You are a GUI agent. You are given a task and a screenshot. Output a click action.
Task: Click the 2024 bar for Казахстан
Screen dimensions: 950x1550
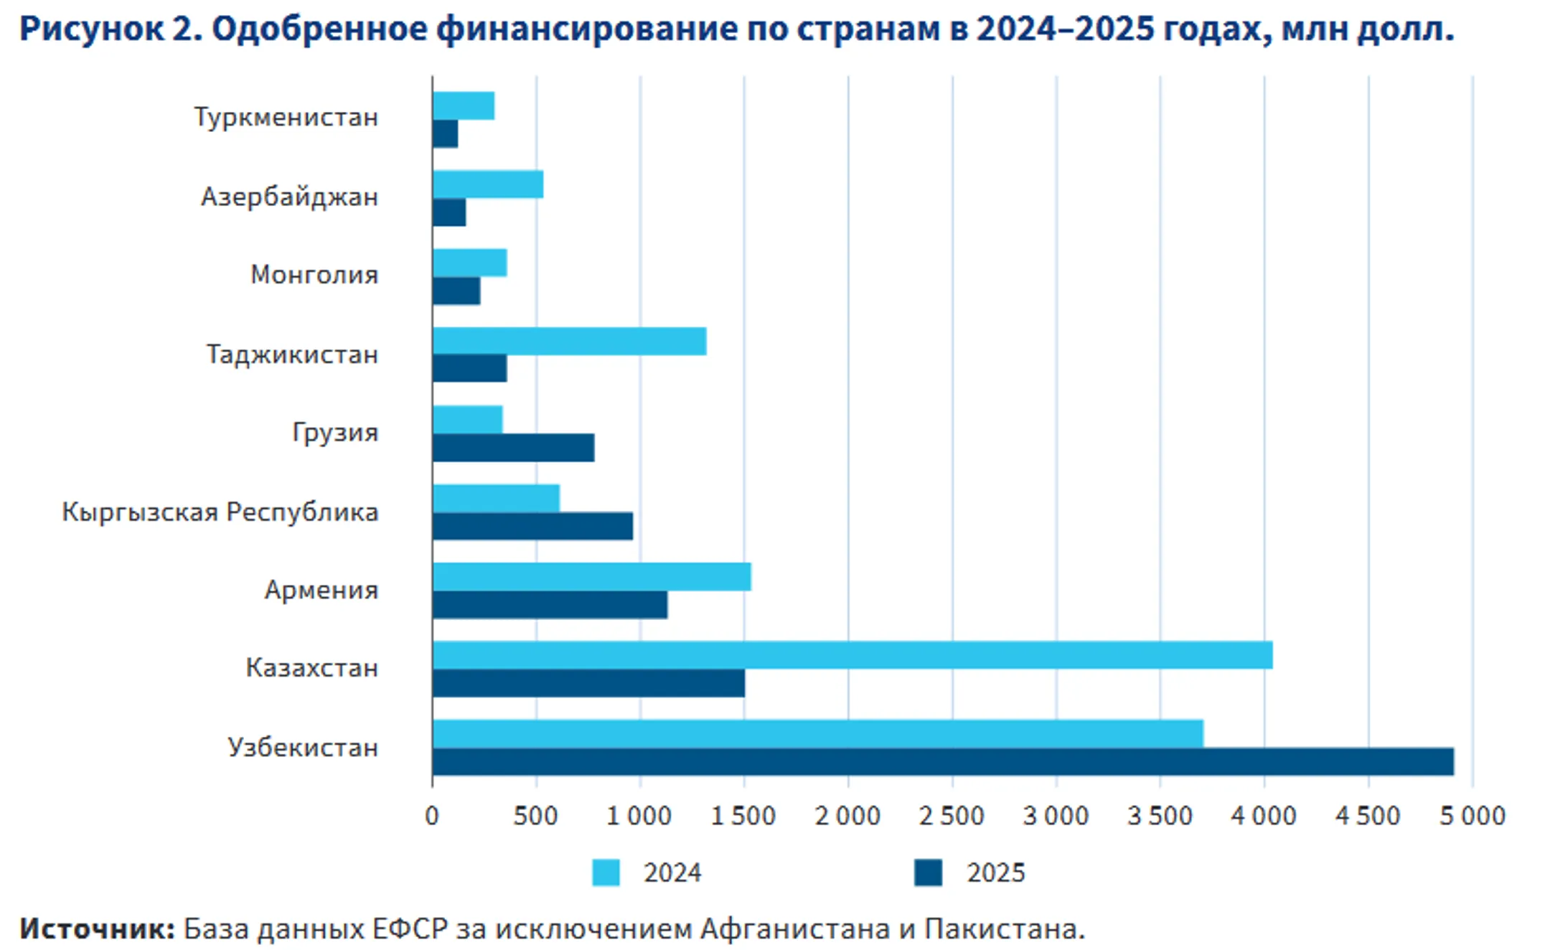coord(852,655)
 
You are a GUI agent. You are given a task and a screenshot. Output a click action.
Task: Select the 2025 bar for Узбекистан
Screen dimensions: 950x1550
coord(942,761)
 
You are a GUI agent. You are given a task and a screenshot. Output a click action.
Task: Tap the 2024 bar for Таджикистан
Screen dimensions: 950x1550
coord(569,342)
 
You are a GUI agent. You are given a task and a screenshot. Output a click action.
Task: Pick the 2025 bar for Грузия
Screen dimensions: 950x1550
coord(513,448)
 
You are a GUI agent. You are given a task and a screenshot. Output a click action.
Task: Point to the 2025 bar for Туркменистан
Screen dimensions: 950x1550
coord(445,134)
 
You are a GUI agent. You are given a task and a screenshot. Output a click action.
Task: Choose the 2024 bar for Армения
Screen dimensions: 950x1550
coord(591,577)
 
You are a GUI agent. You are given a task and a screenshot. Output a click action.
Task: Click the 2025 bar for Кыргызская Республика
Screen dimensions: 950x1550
coord(532,526)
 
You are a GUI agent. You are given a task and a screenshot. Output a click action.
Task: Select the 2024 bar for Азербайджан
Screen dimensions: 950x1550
coord(487,184)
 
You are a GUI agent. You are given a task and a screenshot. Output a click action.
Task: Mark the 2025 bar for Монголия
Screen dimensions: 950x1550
coord(456,291)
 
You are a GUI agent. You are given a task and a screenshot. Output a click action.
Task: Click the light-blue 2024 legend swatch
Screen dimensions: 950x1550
coord(606,873)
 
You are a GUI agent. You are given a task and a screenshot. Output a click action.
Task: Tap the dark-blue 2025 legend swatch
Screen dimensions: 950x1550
coord(928,873)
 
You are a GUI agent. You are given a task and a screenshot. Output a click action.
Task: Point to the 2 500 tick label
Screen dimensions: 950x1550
coord(952,816)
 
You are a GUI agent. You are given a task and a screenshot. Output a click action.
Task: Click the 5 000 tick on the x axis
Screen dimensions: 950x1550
coord(1472,816)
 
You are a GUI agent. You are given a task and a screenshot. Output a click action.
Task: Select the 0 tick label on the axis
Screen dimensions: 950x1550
coord(432,816)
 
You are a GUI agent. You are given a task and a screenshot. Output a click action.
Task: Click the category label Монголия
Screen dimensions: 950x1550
coord(314,275)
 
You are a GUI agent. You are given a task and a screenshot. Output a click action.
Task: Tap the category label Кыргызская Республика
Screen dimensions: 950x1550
coord(220,512)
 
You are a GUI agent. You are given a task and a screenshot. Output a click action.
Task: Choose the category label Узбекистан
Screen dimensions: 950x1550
coord(303,748)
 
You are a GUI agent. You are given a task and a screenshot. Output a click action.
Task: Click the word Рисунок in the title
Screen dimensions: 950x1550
coord(92,29)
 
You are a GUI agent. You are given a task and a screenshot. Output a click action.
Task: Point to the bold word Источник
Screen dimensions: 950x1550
coord(97,929)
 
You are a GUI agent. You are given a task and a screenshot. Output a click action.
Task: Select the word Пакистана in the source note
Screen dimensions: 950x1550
coord(1004,929)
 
